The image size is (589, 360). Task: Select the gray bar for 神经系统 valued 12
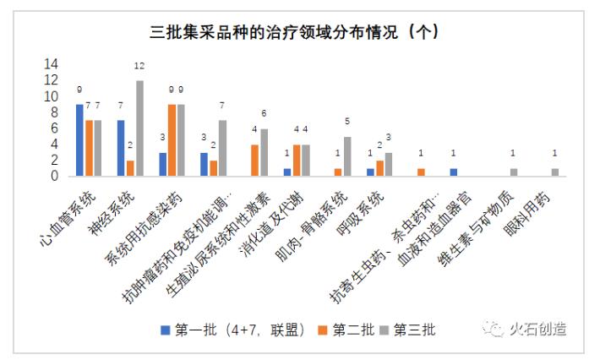139,128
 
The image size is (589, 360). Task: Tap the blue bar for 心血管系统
79,140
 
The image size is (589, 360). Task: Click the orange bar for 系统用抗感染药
172,140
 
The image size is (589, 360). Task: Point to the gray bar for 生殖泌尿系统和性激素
265,152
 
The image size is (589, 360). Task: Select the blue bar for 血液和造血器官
454,172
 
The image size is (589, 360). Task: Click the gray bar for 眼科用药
554,172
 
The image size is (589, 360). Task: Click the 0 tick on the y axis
54,177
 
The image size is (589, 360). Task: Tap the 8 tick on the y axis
54,112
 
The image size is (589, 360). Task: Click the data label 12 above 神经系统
139,66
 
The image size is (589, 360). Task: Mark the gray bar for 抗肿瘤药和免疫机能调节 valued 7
222,148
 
